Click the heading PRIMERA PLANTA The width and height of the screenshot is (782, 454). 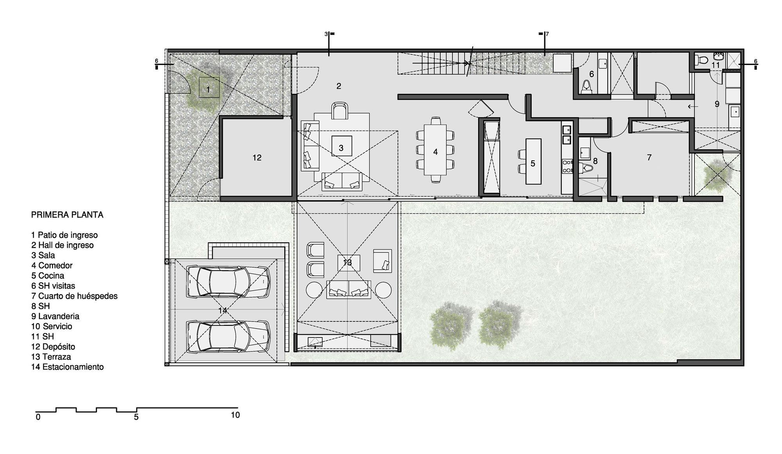[x=67, y=215]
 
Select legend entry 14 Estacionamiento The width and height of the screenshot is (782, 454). [x=68, y=367]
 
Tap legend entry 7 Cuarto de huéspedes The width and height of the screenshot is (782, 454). [x=74, y=296]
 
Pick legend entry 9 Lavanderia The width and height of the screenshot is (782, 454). [x=56, y=316]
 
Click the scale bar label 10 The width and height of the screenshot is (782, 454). [x=235, y=415]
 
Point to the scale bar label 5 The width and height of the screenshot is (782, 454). [x=136, y=417]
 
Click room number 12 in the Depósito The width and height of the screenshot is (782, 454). [x=257, y=158]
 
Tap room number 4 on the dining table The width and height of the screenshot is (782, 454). [x=436, y=152]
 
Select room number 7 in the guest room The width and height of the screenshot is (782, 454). [x=649, y=158]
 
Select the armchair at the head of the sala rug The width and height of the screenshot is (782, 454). [x=339, y=111]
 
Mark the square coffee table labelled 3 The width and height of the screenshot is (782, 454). [x=342, y=146]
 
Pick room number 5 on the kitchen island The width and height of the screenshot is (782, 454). [x=533, y=163]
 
